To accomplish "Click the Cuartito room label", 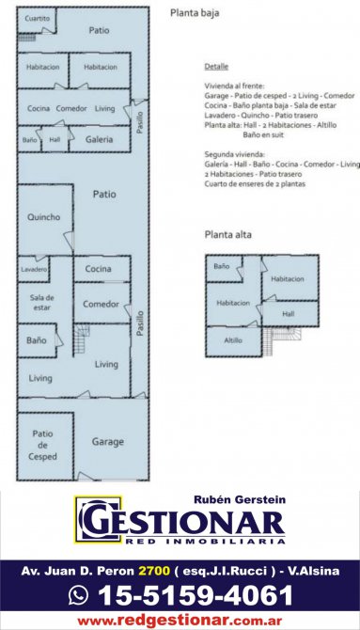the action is [x=38, y=19].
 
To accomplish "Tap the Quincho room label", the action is [x=44, y=217].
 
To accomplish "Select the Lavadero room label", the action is [x=34, y=269].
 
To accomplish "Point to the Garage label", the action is [x=108, y=442].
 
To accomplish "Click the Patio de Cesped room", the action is [x=45, y=446].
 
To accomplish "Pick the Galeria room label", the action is [x=99, y=140].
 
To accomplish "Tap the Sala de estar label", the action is [x=41, y=303].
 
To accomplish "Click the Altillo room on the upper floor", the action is [x=234, y=341].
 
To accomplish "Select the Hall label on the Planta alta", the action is [x=288, y=314].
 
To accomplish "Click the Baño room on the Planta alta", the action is [x=225, y=269].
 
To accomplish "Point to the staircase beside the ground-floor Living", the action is [x=82, y=339].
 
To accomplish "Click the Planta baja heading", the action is [x=195, y=13].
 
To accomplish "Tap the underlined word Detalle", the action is [x=216, y=67].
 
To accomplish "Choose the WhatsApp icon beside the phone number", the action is [x=78, y=594].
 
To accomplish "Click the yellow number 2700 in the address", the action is [x=155, y=571].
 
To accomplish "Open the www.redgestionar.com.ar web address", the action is [x=180, y=621].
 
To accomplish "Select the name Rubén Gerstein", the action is [x=240, y=499].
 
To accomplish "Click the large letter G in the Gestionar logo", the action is [x=98, y=521].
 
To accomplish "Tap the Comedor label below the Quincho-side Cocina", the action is [x=101, y=304].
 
